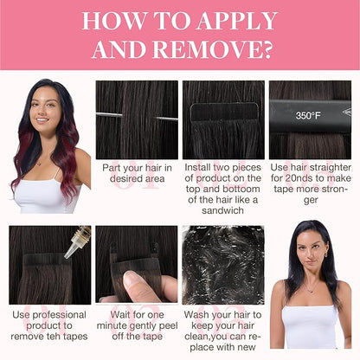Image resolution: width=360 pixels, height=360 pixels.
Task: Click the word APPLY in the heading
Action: click(237, 21)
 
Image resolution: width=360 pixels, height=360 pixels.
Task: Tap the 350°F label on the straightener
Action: click(308, 116)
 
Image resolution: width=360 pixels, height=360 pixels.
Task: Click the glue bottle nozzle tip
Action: click(66, 255)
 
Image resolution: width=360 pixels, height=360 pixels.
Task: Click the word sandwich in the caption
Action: click(222, 210)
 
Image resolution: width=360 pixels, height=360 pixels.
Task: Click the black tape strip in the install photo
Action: click(224, 112)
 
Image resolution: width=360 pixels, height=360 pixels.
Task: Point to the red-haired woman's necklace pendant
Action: click(39, 164)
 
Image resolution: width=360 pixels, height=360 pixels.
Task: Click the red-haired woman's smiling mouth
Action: click(42, 119)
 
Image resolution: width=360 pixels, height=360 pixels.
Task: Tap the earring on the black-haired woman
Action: click(325, 254)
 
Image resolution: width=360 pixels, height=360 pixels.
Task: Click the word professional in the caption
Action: click(59, 315)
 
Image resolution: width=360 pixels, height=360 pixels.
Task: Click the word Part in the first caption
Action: click(112, 168)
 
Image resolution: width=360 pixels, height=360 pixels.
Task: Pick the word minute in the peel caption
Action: click(112, 325)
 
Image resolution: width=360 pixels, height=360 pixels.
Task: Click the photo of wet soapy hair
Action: click(223, 265)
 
